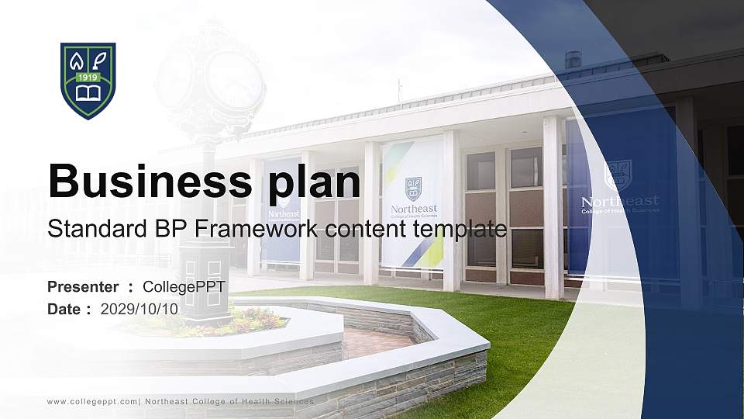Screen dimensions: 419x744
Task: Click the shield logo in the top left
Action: pos(88,81)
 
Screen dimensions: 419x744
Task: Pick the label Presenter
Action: pos(83,287)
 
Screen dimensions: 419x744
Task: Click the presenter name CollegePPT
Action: pos(184,287)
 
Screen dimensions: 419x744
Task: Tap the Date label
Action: pos(64,309)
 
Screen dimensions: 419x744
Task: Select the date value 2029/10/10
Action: pos(139,309)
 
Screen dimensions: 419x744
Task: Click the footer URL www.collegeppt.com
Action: pos(91,401)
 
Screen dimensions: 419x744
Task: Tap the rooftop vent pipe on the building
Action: pos(573,60)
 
